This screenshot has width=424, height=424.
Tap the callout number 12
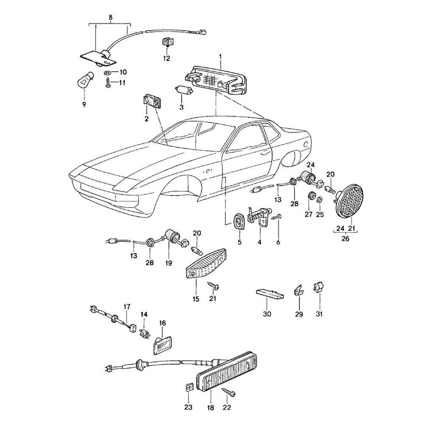[x=166, y=58]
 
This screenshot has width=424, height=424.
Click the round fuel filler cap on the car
[x=307, y=145]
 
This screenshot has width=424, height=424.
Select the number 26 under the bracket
[x=345, y=238]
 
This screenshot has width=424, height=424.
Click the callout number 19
[x=169, y=262]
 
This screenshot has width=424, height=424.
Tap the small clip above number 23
[x=188, y=387]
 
